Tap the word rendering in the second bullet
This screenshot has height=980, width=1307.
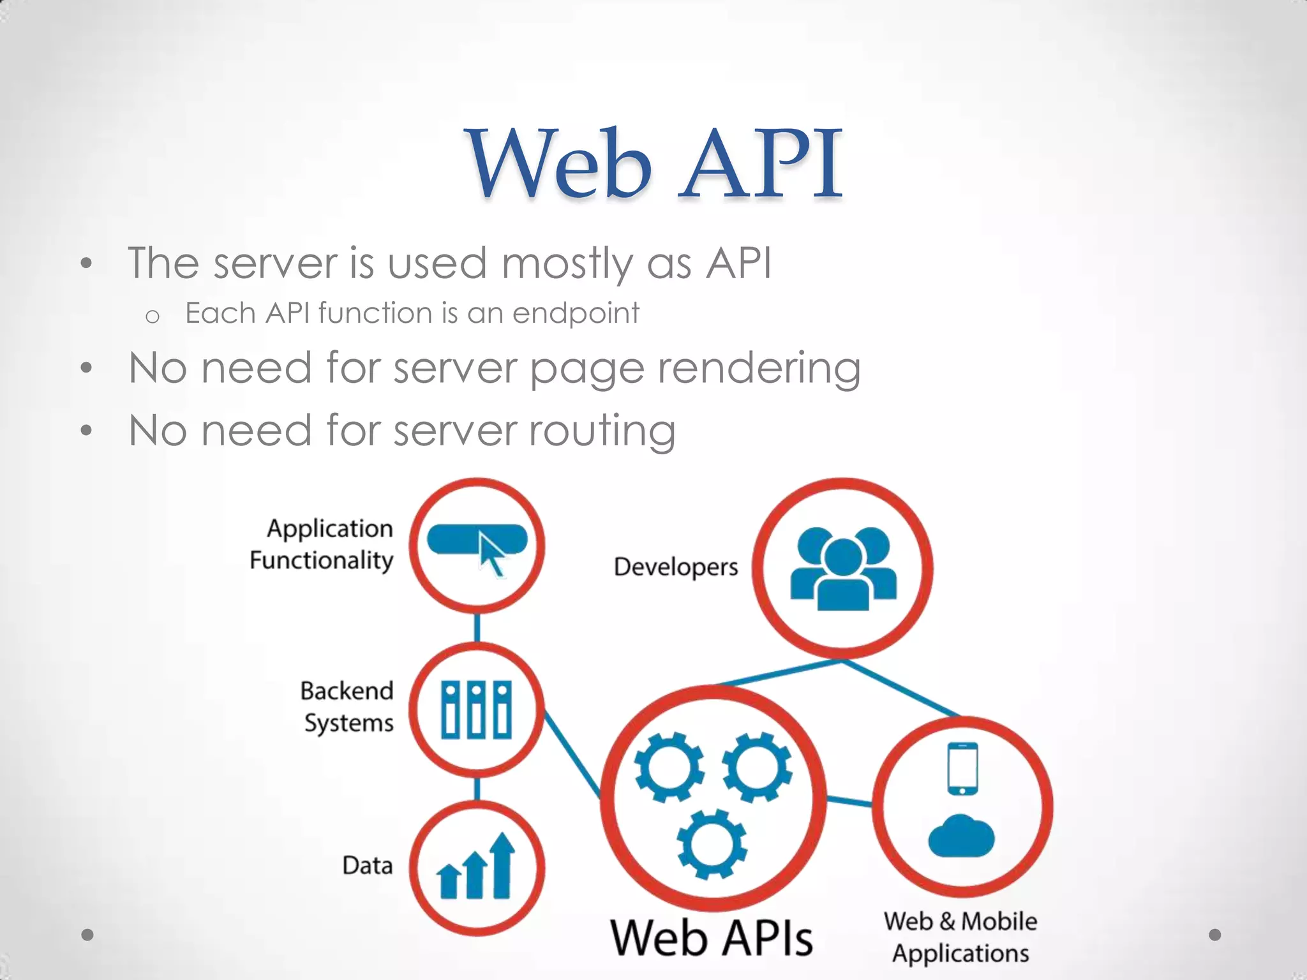coord(759,368)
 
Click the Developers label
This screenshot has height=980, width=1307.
coord(676,567)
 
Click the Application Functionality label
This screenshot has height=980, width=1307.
coord(322,544)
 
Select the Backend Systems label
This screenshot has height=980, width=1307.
coord(347,707)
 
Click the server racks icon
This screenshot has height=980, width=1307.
coord(477,709)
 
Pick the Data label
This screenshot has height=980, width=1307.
coord(367,866)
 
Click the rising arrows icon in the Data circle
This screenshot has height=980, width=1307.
coord(477,868)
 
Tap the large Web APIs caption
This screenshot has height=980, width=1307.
coord(712,938)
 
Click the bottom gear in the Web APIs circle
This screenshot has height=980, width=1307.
coord(712,843)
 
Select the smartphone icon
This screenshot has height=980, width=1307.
coord(962,768)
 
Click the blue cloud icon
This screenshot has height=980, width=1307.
coord(961,836)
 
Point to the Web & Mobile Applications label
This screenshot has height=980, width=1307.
coord(960,937)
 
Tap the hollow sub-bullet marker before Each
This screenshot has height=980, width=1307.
coord(152,316)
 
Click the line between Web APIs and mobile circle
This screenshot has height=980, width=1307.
coord(849,801)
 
